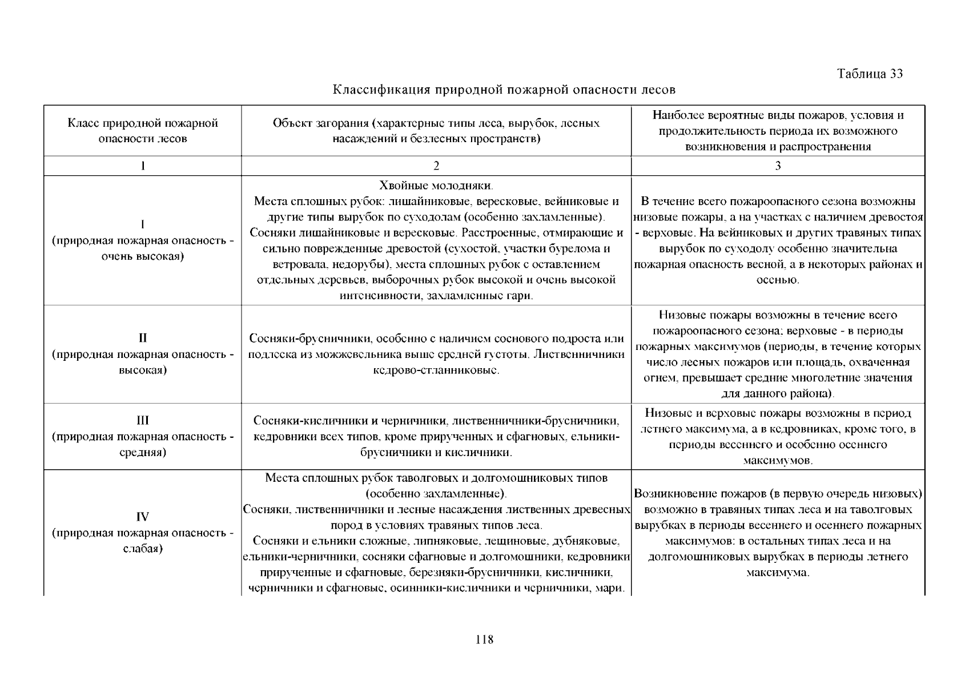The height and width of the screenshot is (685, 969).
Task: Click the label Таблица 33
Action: (870, 74)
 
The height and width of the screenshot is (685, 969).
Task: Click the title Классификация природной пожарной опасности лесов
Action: (504, 90)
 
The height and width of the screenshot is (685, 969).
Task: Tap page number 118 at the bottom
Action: (484, 639)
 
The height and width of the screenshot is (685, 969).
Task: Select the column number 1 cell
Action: (143, 166)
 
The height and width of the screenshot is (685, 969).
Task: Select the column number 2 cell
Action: (436, 166)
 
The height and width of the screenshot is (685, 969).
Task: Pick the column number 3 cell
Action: (778, 166)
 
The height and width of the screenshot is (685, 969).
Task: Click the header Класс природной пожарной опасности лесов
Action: (143, 131)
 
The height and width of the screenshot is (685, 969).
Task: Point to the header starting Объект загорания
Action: (436, 131)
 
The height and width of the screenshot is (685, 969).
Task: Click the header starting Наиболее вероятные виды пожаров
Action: (778, 131)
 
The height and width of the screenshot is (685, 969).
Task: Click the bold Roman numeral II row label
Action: (143, 338)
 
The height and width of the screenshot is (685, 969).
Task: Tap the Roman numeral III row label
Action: (143, 421)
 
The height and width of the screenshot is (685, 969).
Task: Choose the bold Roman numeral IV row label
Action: (143, 517)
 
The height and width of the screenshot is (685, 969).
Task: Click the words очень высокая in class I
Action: (143, 256)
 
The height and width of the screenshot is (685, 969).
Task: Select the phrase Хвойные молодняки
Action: (436, 186)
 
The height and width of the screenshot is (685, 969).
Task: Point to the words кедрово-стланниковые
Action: (436, 370)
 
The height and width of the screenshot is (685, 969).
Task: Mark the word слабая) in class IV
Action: (143, 549)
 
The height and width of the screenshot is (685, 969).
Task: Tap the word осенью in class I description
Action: (778, 280)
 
